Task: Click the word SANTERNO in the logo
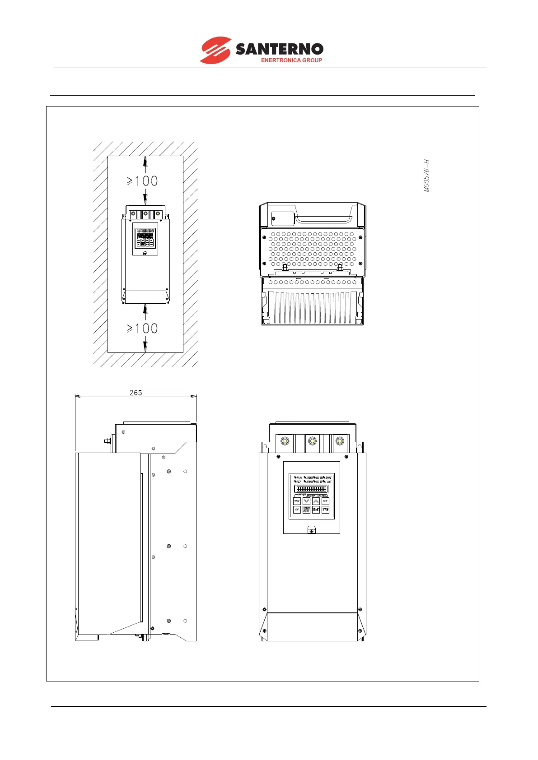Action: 280,49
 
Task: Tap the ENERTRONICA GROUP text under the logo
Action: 291,60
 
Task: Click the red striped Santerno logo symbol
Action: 215,50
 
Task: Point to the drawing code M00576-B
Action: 427,176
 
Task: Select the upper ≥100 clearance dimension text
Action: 142,181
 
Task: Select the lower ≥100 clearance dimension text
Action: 142,328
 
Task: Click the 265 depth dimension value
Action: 136,393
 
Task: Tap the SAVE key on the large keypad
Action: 325,501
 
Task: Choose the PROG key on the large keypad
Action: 297,501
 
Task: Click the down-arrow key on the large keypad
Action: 306,501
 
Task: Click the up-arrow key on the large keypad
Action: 316,501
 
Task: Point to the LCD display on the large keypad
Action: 311,489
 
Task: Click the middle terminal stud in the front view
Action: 312,441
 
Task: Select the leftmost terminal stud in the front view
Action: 285,441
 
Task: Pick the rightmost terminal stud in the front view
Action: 340,441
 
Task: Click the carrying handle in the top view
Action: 323,220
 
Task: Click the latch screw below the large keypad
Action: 311,531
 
